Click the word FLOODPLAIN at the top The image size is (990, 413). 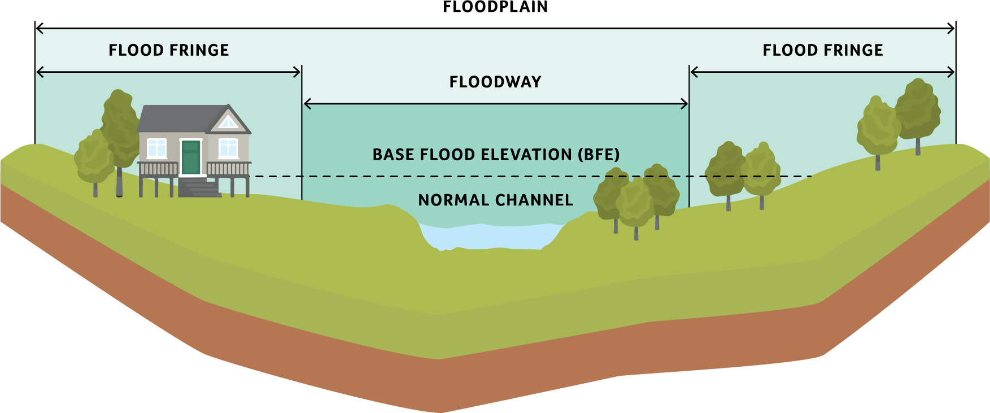495,7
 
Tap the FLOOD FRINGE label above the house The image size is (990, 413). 169,50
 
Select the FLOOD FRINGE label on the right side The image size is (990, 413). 823,50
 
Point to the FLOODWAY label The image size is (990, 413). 495,82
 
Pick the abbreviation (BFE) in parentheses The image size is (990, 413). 599,155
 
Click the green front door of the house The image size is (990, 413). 191,157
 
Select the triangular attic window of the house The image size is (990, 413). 228,122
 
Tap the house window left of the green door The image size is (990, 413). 156,148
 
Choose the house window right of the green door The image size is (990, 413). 228,148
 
